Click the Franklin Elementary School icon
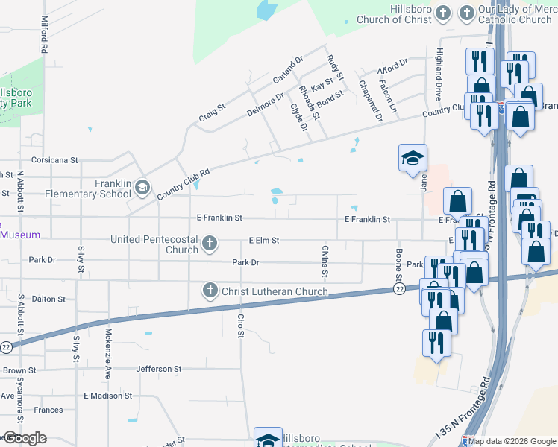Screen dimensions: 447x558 click(x=142, y=186)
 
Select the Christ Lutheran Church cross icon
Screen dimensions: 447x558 click(x=210, y=290)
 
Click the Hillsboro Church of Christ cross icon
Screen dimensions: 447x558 click(x=443, y=13)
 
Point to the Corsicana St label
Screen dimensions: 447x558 click(x=54, y=159)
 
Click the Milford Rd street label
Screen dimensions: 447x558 click(x=45, y=34)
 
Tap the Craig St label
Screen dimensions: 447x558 click(x=211, y=112)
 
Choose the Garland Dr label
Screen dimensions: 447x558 click(x=288, y=71)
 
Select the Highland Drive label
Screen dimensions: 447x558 click(x=439, y=75)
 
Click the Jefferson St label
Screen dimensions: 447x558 click(x=159, y=369)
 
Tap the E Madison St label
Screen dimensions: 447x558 click(x=107, y=396)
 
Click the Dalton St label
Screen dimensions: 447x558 click(x=48, y=299)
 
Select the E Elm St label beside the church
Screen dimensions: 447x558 click(x=264, y=241)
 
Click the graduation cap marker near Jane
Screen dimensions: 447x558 click(x=413, y=158)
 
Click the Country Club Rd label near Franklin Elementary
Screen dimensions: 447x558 click(x=183, y=183)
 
